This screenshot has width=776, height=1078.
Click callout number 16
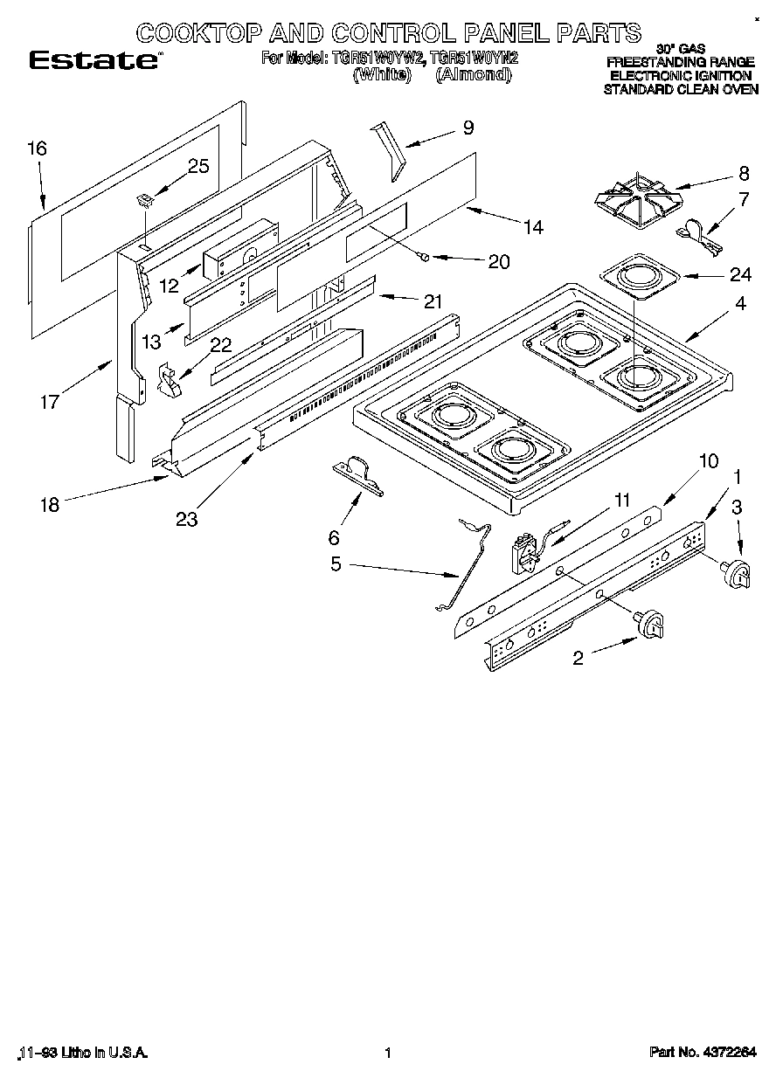(36, 149)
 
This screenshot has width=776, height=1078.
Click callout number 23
(185, 519)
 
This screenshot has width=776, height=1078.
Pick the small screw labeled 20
(424, 256)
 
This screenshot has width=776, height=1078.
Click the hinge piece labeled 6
(360, 475)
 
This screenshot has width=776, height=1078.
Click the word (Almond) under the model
(473, 75)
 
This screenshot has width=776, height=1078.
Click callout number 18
(51, 504)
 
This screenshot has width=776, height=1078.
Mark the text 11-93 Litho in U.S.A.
(83, 1053)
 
